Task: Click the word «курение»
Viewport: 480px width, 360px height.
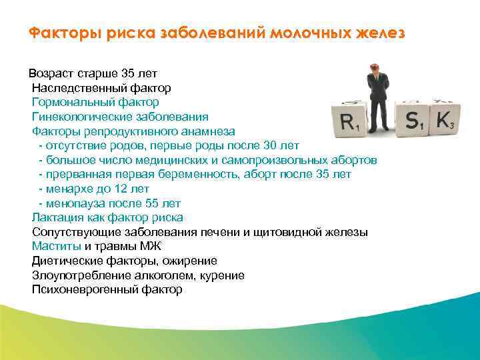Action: (222, 275)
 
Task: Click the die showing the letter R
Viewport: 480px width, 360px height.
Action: (350, 121)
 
